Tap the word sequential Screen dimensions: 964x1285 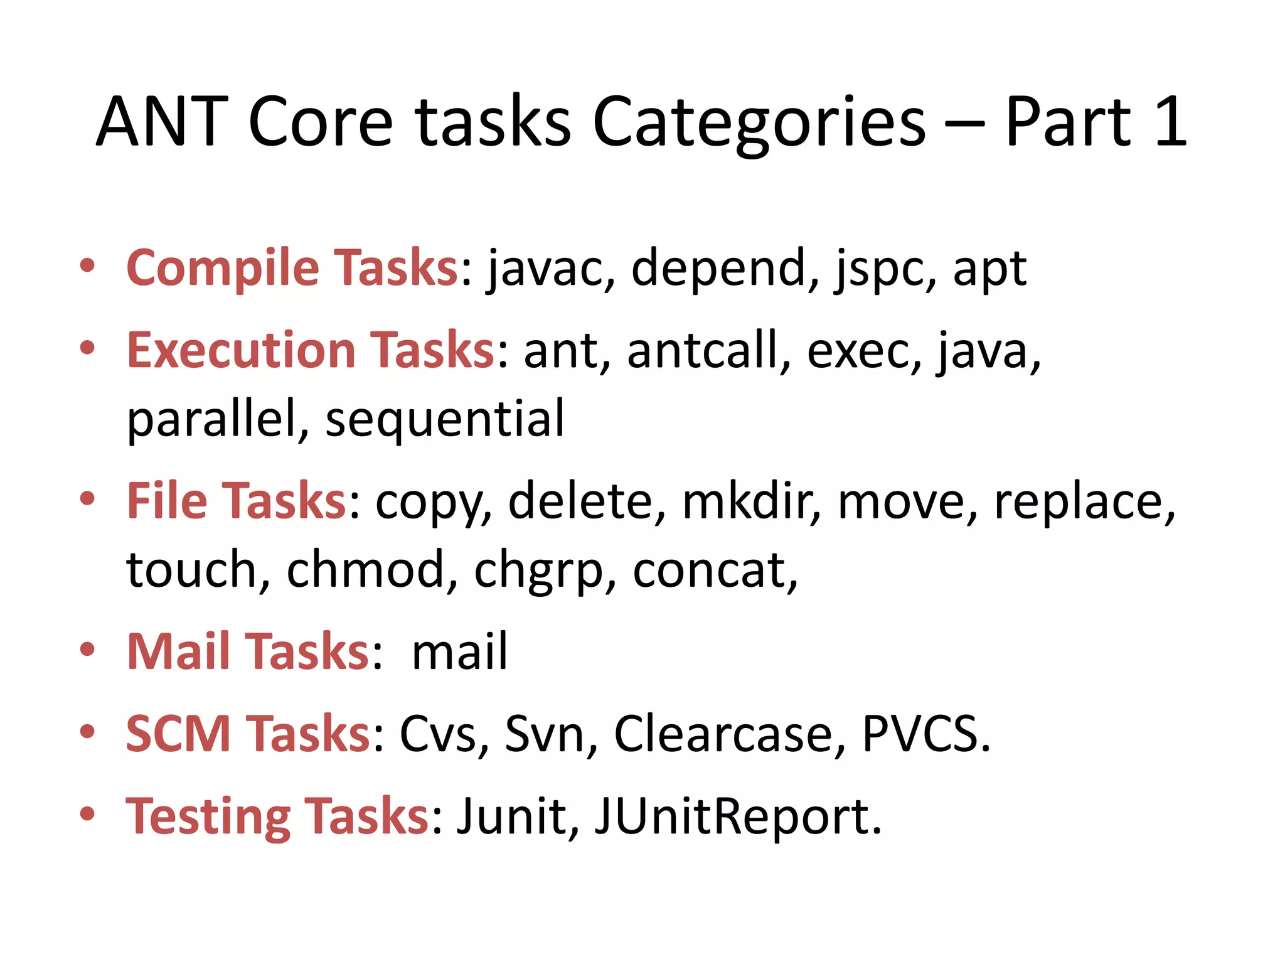tap(445, 419)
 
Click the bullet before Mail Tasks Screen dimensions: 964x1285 tap(87, 649)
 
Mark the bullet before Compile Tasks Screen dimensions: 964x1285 tap(87, 265)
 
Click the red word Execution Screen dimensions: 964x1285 tap(242, 350)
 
